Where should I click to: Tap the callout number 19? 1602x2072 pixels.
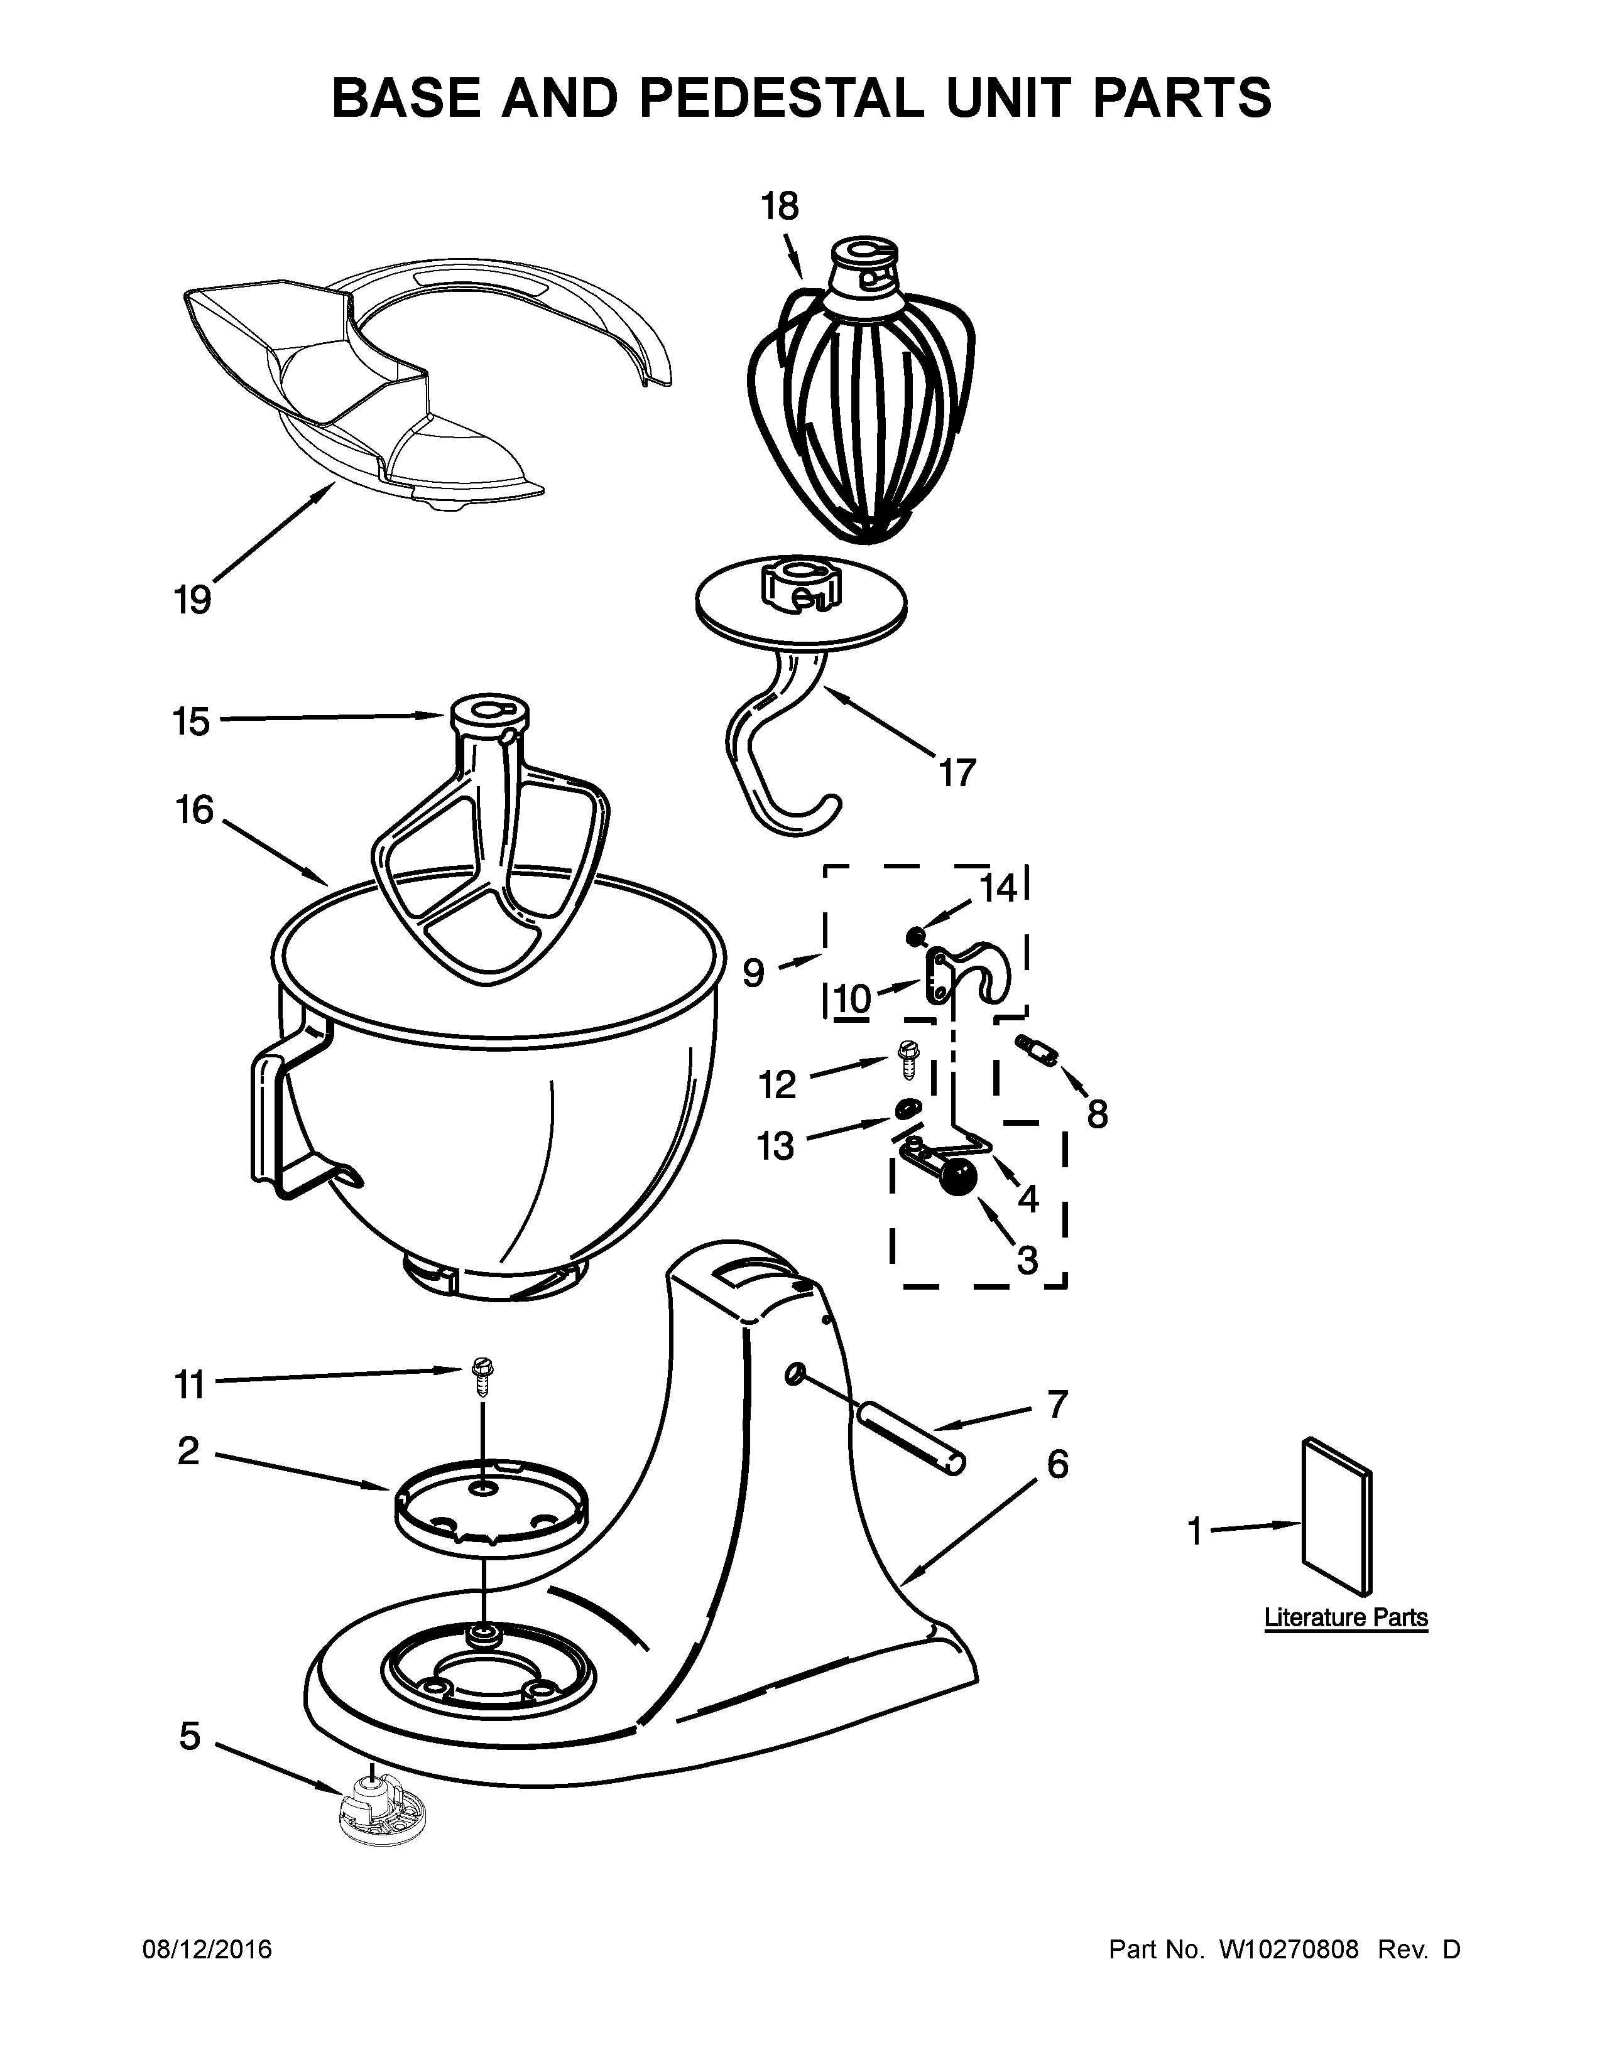[193, 600]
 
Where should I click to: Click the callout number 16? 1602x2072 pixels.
[195, 810]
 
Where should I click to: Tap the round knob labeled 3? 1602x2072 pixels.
[959, 1179]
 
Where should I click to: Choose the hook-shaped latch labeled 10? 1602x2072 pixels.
[968, 973]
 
